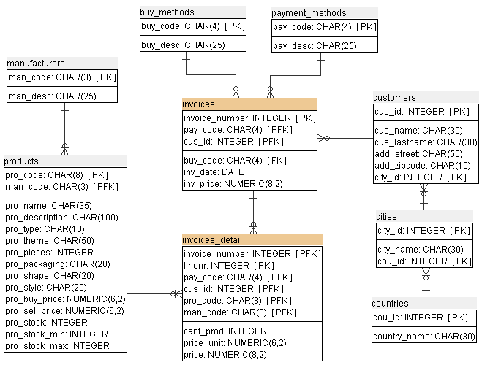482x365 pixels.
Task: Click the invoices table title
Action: (198, 104)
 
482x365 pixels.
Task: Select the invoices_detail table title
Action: (212, 239)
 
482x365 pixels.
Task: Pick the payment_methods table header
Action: (309, 12)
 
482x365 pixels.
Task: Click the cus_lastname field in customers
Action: (425, 142)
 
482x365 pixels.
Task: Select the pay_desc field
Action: (315, 46)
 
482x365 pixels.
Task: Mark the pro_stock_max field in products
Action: (57, 345)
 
